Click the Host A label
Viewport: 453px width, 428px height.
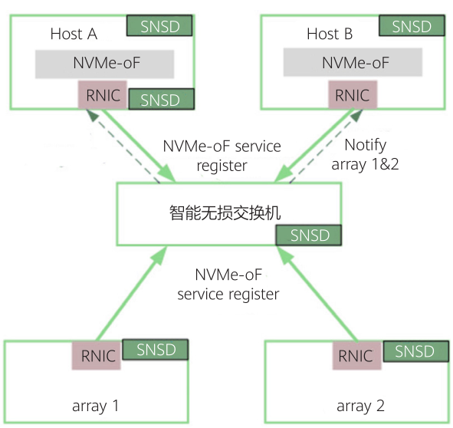point(74,34)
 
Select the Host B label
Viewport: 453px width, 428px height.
point(330,34)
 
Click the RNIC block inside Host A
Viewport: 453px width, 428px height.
point(102,96)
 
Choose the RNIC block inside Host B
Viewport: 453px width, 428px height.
point(353,96)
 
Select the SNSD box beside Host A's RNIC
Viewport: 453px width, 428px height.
point(160,100)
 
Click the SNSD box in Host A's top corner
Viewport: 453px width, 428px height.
point(159,27)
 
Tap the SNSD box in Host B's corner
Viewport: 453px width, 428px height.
point(412,27)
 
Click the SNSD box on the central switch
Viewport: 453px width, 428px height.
point(309,235)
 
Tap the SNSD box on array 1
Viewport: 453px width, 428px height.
point(156,351)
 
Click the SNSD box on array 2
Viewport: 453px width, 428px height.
point(415,352)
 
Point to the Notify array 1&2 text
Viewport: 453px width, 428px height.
point(365,154)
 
